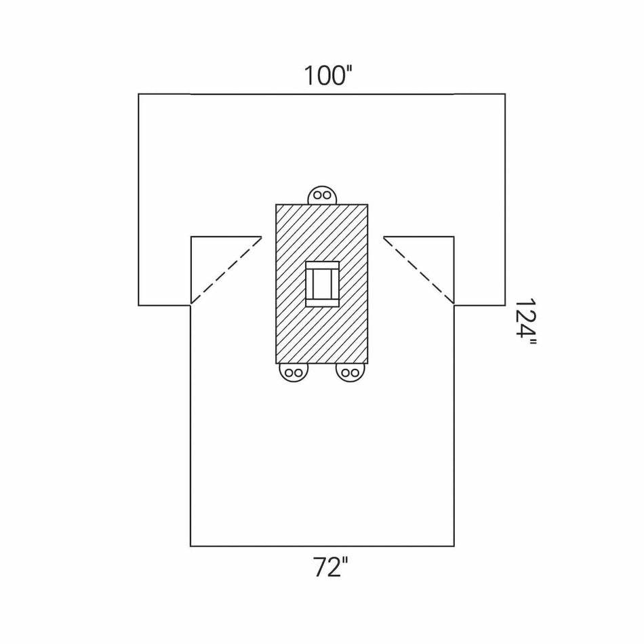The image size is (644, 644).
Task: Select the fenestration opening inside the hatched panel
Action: (322, 284)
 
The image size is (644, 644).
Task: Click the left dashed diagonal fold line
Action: (226, 270)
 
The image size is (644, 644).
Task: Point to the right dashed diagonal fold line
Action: (418, 270)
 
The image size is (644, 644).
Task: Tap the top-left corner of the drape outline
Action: (138, 94)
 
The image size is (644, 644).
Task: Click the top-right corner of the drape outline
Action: (506, 94)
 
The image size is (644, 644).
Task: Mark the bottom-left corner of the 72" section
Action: (190, 546)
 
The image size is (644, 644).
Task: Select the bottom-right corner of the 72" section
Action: (454, 546)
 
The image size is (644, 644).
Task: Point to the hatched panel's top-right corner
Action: (368, 204)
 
